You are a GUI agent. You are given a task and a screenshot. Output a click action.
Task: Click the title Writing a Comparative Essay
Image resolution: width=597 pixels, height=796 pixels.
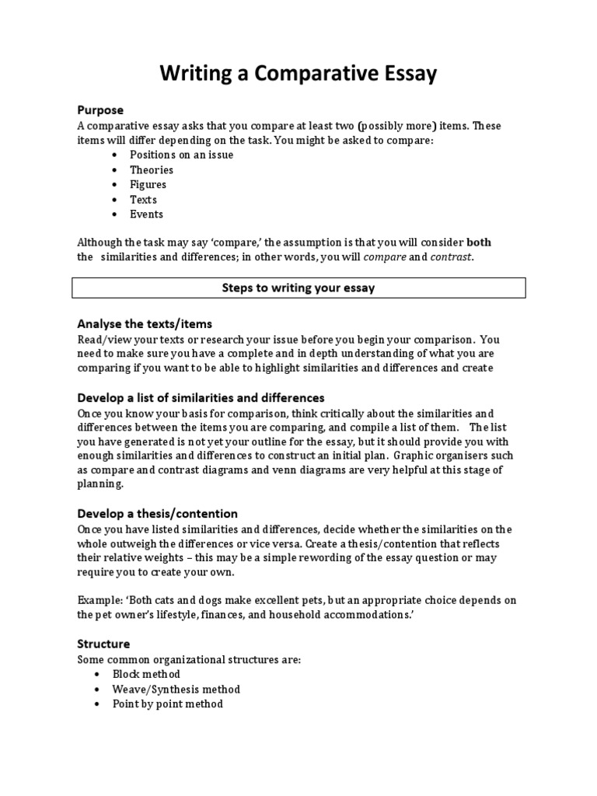pyautogui.click(x=298, y=74)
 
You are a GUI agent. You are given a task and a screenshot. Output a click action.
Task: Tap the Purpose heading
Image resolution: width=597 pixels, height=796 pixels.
pyautogui.click(x=100, y=110)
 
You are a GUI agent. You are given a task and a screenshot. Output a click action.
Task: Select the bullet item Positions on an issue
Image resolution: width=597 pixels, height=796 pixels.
pyautogui.click(x=181, y=155)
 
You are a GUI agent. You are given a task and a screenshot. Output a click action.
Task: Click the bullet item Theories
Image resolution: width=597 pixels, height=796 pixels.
pyautogui.click(x=152, y=169)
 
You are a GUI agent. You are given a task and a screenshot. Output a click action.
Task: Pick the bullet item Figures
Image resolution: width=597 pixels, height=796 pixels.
pyautogui.click(x=148, y=184)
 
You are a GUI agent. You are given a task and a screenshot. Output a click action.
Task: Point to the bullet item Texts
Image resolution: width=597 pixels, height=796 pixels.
pyautogui.click(x=143, y=199)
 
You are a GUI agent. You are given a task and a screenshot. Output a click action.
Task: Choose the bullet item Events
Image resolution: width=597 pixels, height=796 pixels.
pyautogui.click(x=146, y=214)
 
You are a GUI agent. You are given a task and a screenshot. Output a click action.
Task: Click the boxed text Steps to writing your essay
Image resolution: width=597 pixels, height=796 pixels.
pyautogui.click(x=298, y=288)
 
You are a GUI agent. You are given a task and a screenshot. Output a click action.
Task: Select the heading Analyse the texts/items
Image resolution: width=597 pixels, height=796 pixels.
pyautogui.click(x=145, y=323)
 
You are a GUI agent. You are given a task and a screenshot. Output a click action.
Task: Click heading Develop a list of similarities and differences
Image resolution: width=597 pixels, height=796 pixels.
pyautogui.click(x=201, y=397)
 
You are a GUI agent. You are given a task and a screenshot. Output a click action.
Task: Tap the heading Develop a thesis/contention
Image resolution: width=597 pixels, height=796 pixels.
pyautogui.click(x=157, y=514)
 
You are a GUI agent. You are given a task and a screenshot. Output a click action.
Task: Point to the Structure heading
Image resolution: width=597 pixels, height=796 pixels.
pyautogui.click(x=103, y=644)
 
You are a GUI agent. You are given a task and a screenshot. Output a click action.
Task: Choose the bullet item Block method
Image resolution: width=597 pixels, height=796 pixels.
pyautogui.click(x=146, y=674)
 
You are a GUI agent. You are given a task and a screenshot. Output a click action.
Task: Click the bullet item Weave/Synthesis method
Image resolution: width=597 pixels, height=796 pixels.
pyautogui.click(x=176, y=689)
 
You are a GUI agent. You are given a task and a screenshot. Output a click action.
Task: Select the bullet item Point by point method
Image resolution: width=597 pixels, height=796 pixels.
pyautogui.click(x=168, y=703)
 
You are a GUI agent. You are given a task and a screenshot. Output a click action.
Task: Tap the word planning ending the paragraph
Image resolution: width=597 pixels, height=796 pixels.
pyautogui.click(x=99, y=484)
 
